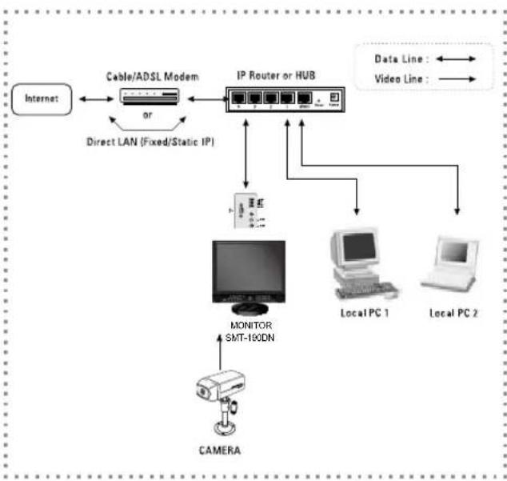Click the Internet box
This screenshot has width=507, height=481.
point(42,100)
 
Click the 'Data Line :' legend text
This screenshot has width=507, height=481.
point(397,59)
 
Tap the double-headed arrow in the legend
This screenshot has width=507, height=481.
point(457,59)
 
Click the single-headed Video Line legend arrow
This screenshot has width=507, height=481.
point(457,79)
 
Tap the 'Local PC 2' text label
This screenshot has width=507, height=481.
point(454,313)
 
